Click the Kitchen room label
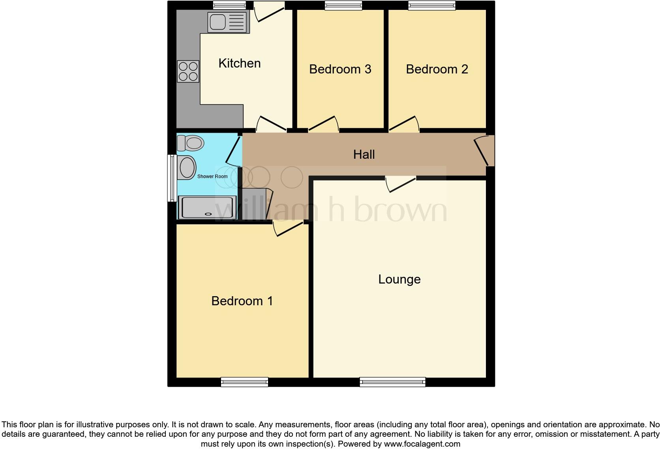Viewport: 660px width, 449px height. (239, 63)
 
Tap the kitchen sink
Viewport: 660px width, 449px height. (227, 22)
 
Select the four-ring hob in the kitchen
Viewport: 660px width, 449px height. (188, 71)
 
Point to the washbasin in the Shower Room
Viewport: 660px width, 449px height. (187, 167)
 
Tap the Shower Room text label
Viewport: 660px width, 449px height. (212, 177)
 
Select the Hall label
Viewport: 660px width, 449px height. (364, 154)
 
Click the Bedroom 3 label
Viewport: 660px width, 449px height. (340, 69)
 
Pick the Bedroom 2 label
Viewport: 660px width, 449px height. (437, 69)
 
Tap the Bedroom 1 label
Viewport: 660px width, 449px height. (242, 301)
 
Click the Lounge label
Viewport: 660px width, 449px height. (399, 279)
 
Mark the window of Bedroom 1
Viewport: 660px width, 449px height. (244, 382)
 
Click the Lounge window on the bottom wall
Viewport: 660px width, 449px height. (392, 382)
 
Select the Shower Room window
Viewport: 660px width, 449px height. (172, 178)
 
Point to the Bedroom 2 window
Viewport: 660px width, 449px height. (431, 5)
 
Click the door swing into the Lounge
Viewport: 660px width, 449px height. (400, 184)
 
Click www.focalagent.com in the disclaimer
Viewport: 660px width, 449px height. (422, 444)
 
